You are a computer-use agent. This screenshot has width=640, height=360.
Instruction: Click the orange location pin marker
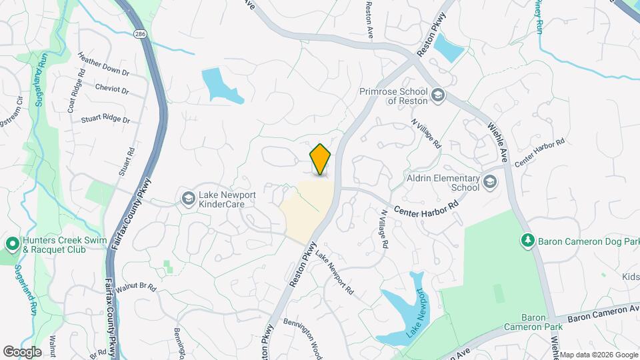[x=321, y=159]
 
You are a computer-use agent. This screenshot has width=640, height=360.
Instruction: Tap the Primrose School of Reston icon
[x=437, y=95]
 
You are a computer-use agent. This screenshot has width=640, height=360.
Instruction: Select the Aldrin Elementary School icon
[x=490, y=182]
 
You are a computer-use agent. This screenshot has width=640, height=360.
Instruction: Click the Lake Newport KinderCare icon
[x=189, y=198]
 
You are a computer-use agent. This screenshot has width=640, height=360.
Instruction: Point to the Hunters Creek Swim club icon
[x=12, y=244]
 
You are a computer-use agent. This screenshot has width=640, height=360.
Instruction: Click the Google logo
[x=22, y=351]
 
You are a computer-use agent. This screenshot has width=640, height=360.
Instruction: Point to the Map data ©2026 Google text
[x=598, y=355]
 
